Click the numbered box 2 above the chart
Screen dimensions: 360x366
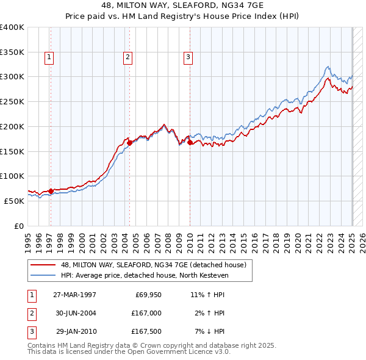click(127, 58)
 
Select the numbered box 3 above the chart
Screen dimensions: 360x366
click(188, 58)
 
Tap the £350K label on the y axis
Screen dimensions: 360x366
click(12, 52)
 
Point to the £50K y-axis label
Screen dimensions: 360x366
click(14, 201)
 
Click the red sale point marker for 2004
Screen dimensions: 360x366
click(130, 143)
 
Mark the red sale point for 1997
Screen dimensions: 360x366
click(51, 191)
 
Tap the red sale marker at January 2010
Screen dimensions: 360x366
click(190, 143)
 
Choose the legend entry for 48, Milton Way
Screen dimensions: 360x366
click(153, 265)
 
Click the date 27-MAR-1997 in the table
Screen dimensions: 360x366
click(74, 294)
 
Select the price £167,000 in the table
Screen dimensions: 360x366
click(146, 313)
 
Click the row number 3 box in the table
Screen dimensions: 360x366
click(31, 332)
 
